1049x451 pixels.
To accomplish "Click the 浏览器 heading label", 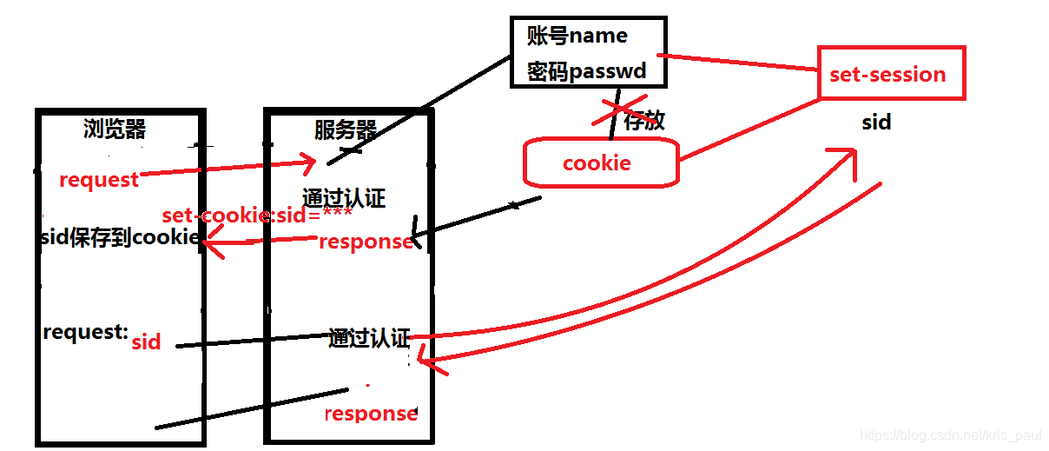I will pyautogui.click(x=115, y=129).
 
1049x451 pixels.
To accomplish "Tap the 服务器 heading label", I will pyautogui.click(x=345, y=130).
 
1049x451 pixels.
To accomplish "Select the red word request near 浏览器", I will pyautogui.click(x=99, y=180).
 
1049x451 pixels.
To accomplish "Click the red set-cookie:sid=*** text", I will pyautogui.click(x=257, y=216).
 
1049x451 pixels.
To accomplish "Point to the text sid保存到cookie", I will pyautogui.click(x=121, y=237).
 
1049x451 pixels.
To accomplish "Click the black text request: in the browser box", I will pyautogui.click(x=85, y=332).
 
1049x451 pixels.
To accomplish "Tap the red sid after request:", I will pyautogui.click(x=146, y=342).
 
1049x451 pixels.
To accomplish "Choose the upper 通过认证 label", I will pyautogui.click(x=344, y=198).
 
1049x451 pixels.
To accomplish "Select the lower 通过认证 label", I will pyautogui.click(x=369, y=338).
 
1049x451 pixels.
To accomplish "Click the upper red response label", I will pyautogui.click(x=366, y=242).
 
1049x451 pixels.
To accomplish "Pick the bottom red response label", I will pyautogui.click(x=371, y=414).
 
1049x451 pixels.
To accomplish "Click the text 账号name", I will pyautogui.click(x=577, y=36).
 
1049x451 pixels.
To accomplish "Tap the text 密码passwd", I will pyautogui.click(x=586, y=70).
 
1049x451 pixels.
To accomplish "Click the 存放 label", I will pyautogui.click(x=644, y=121).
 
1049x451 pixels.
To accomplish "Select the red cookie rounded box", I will pyautogui.click(x=599, y=163).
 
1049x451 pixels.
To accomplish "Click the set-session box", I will pyautogui.click(x=890, y=74).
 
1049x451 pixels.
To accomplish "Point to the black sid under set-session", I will pyautogui.click(x=876, y=123).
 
